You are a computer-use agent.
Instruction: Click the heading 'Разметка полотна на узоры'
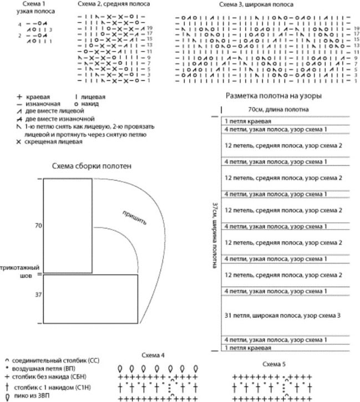[x=275, y=95]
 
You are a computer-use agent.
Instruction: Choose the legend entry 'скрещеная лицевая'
[x=53, y=141]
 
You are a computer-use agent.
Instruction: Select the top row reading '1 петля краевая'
[x=248, y=121]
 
